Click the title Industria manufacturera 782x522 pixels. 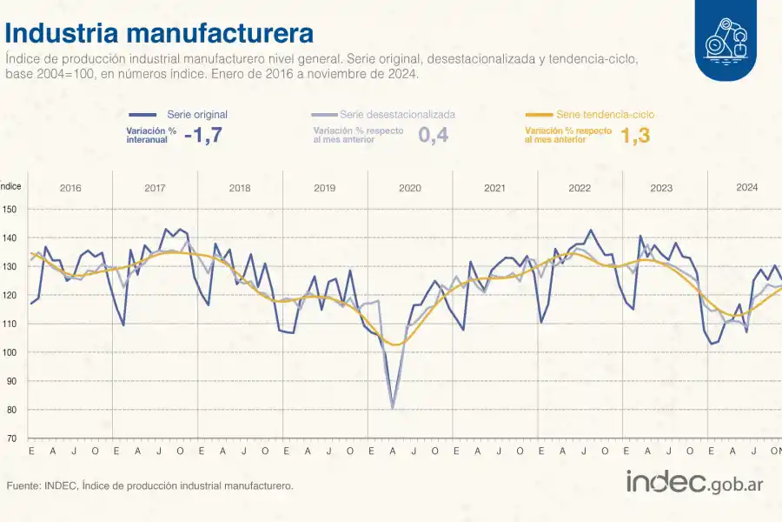[x=159, y=33]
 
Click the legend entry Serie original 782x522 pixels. [x=197, y=114]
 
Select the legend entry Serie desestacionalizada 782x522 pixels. [x=397, y=114]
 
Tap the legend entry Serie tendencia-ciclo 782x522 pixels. [x=605, y=114]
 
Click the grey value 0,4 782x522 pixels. [x=434, y=135]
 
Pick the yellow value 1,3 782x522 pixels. [x=635, y=135]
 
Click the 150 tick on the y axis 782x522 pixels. [x=10, y=209]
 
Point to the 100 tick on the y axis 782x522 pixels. [x=10, y=352]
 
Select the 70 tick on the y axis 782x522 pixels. [x=10, y=438]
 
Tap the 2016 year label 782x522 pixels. [x=70, y=188]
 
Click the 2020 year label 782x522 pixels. [x=410, y=188]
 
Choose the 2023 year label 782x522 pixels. [x=661, y=188]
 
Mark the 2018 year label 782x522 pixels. [x=240, y=188]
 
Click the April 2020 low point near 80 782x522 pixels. [x=393, y=408]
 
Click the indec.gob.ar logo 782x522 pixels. [x=694, y=482]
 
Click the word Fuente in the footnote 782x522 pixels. [x=23, y=485]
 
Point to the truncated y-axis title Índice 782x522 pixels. [x=10, y=185]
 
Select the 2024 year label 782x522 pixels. [x=746, y=188]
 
